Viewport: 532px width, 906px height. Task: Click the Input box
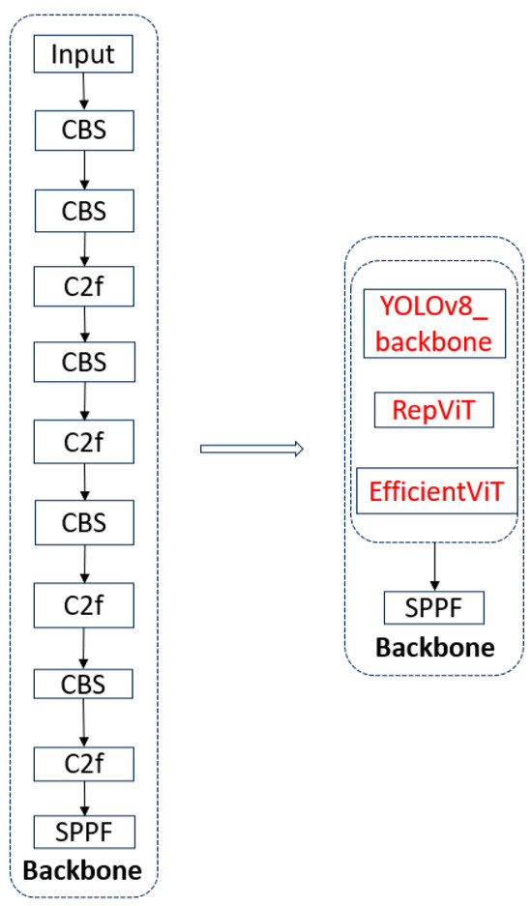click(82, 54)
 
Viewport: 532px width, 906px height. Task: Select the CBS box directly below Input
click(82, 130)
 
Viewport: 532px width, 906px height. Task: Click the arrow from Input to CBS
click(83, 91)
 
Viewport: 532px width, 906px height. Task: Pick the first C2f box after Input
click(82, 285)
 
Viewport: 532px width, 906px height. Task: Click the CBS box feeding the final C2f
click(82, 684)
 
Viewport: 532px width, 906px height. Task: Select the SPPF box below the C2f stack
click(82, 831)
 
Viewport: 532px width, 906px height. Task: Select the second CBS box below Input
click(82, 207)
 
